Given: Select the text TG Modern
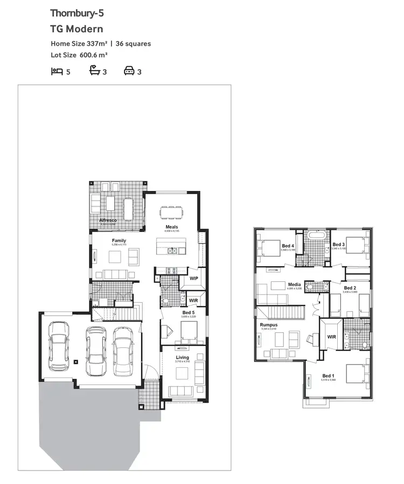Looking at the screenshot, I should [76, 29].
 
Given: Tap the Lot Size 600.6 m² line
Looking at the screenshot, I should [79, 55].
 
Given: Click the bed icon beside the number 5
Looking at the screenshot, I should [57, 71].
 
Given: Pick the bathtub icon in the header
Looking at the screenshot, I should [95, 71].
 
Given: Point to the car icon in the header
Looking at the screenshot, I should [129, 71].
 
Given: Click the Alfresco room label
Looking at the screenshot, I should [108, 220].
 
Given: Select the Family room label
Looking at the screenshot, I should [119, 240].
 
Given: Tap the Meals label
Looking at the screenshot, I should [172, 227].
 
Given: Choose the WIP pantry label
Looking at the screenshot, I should [194, 279].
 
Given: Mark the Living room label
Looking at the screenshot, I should [183, 358].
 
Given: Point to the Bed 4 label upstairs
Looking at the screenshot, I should [288, 246].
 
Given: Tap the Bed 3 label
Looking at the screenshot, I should [339, 244].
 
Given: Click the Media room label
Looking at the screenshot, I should [294, 284].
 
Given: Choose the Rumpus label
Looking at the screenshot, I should [269, 325].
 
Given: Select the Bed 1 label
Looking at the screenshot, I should [328, 375].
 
